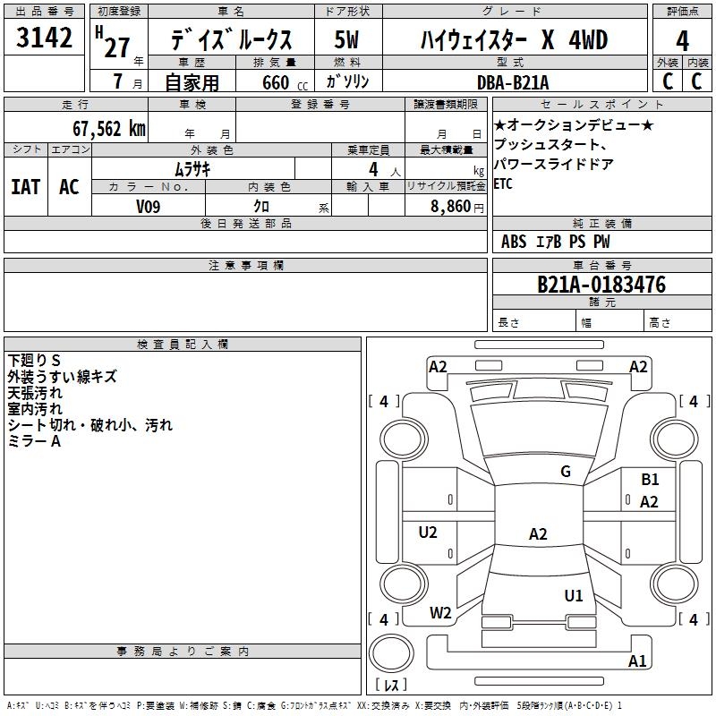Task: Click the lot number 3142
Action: click(x=44, y=38)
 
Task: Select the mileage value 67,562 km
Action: click(x=109, y=129)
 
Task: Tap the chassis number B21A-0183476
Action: click(x=601, y=285)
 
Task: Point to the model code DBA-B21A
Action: click(x=512, y=82)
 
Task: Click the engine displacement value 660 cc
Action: click(x=285, y=83)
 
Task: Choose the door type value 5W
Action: click(x=346, y=39)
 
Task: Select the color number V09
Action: click(x=148, y=207)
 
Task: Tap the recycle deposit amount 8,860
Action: click(x=451, y=207)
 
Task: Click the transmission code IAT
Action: click(x=26, y=187)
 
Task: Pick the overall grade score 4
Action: click(x=682, y=41)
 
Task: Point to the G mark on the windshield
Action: click(x=566, y=472)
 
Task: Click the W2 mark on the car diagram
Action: click(x=440, y=613)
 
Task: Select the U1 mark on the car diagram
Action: click(x=574, y=596)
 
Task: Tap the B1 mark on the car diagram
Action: click(x=650, y=480)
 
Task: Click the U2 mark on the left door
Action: click(x=428, y=533)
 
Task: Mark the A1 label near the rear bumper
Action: click(x=637, y=661)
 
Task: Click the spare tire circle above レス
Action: click(x=391, y=653)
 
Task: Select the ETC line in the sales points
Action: click(x=503, y=183)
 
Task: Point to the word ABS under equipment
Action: click(x=514, y=242)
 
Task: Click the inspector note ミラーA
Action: click(x=34, y=441)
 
